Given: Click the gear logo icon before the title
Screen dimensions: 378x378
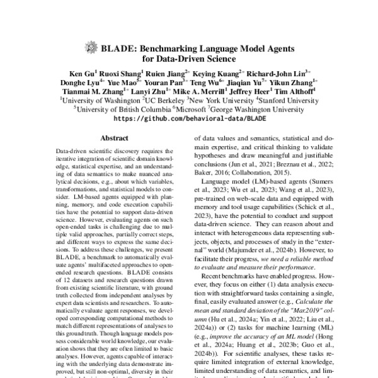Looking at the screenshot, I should coord(90,47).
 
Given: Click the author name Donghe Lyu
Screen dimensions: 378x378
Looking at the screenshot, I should coord(79,82).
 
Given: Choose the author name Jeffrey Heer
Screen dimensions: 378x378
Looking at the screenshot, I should coord(248,91).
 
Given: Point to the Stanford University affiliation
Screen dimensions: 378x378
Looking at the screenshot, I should coord(279,100).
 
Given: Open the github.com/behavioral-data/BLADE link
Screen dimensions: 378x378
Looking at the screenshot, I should coord(189,118).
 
